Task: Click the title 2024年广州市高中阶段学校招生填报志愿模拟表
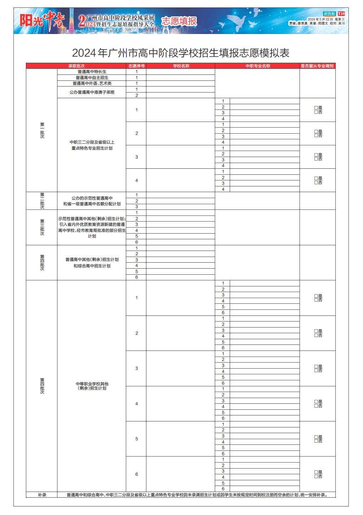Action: click(181, 53)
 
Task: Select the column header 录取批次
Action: click(76, 66)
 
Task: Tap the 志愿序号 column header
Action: click(136, 66)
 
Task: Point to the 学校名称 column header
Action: click(180, 66)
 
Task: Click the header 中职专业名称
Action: click(257, 66)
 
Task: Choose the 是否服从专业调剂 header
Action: click(317, 66)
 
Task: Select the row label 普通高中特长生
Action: click(92, 72)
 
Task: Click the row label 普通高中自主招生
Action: click(92, 78)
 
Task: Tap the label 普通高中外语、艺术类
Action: click(92, 83)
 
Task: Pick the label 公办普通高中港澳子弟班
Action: click(92, 92)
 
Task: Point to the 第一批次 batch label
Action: click(42, 130)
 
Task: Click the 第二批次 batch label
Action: click(42, 201)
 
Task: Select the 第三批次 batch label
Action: click(42, 227)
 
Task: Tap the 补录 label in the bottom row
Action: click(42, 495)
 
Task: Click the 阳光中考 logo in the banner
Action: click(42, 21)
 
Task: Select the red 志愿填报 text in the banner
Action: click(179, 21)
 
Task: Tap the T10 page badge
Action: click(341, 13)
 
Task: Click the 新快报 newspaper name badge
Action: click(329, 13)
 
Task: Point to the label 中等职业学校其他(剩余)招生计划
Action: click(92, 386)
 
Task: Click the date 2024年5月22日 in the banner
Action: click(320, 19)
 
